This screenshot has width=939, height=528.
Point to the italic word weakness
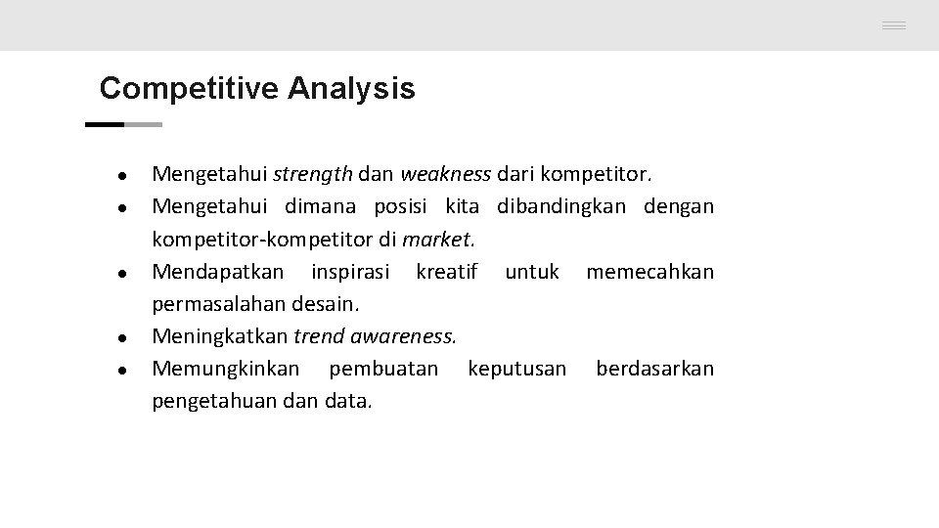click(x=446, y=175)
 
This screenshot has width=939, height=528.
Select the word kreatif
click(x=446, y=271)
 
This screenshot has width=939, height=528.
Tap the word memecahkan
click(x=649, y=271)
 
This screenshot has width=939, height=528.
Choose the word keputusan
click(x=516, y=369)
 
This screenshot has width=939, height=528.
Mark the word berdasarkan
click(x=654, y=369)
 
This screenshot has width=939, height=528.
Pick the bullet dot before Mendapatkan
click(x=120, y=273)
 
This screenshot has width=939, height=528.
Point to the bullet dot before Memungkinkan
click(x=120, y=371)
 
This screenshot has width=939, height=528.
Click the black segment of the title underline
click(x=105, y=125)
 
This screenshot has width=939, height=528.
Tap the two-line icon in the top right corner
click(x=893, y=26)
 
